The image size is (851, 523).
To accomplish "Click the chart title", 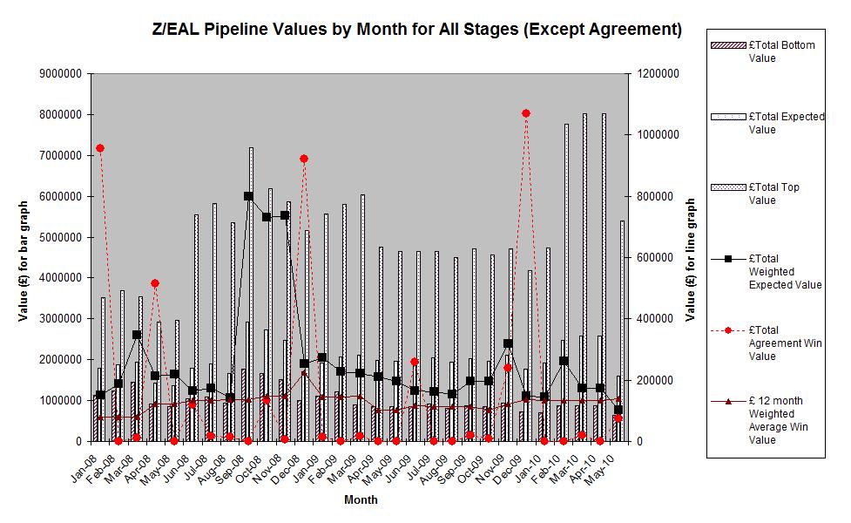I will tap(416, 30).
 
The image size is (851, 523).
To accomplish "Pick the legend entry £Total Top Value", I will tap(774, 194).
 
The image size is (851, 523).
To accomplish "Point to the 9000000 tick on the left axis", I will tap(60, 74).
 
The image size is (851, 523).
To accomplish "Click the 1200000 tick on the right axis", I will tap(659, 74).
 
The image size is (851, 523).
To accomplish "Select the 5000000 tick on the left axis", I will tap(60, 237).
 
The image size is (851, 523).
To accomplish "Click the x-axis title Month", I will tap(361, 500).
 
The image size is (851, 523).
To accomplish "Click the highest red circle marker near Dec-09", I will tap(525, 113).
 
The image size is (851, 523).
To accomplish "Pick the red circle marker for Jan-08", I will tap(100, 148).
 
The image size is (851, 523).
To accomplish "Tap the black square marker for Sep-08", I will tap(248, 196).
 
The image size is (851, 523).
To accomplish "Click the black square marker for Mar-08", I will tap(137, 335).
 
